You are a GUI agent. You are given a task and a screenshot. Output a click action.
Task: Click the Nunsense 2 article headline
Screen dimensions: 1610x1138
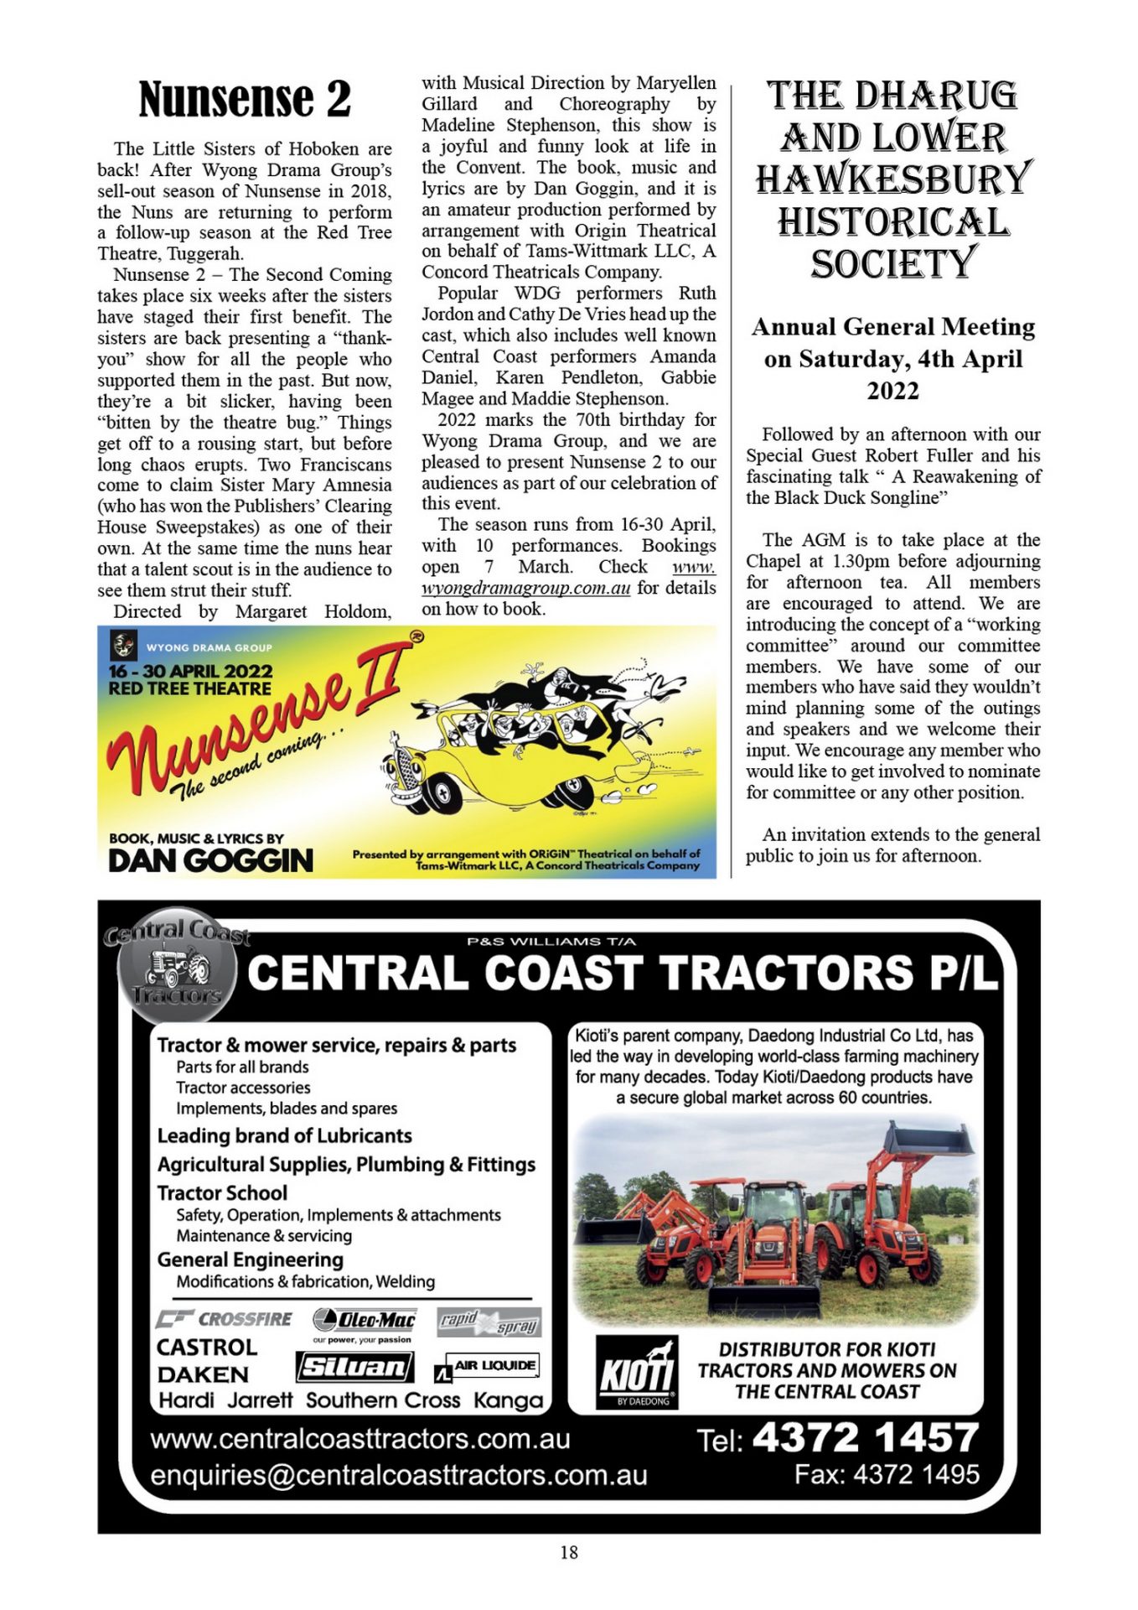tap(245, 99)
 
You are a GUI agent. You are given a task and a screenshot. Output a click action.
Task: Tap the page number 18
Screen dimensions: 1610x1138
tap(568, 1552)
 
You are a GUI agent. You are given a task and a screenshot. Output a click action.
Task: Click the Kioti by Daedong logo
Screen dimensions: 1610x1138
tap(636, 1374)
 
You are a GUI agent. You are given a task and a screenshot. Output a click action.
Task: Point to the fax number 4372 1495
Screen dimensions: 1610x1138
tap(916, 1474)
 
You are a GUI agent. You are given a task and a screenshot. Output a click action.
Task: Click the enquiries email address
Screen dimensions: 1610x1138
tap(398, 1475)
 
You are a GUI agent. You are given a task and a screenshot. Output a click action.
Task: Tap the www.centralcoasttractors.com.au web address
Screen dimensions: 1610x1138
tap(360, 1439)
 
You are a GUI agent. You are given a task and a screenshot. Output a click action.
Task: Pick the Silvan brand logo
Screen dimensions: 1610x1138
tap(354, 1368)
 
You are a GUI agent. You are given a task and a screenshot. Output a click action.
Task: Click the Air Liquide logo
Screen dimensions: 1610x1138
tap(488, 1367)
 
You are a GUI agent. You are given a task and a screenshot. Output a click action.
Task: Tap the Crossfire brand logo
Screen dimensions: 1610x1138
tap(224, 1319)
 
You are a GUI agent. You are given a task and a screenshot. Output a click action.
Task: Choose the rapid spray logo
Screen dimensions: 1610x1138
tap(489, 1322)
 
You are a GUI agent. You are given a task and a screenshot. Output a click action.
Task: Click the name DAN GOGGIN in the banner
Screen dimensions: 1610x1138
tap(210, 860)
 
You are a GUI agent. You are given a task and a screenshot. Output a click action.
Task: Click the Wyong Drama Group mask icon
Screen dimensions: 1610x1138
tap(124, 647)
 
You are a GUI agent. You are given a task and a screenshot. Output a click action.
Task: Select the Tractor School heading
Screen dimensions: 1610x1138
tap(222, 1192)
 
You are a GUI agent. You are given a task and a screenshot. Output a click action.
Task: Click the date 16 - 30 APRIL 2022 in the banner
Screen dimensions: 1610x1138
tap(190, 672)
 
